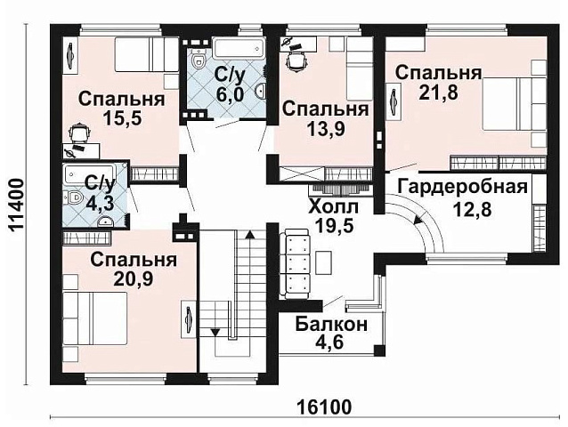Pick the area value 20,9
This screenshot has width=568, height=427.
pos(131,280)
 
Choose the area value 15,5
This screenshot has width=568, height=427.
pos(121,120)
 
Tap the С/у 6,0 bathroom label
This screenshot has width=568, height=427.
pos(230,85)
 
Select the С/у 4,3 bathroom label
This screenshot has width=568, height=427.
pos(99,194)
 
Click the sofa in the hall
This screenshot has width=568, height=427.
pos(295,262)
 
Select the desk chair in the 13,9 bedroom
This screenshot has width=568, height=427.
pos(295,60)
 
